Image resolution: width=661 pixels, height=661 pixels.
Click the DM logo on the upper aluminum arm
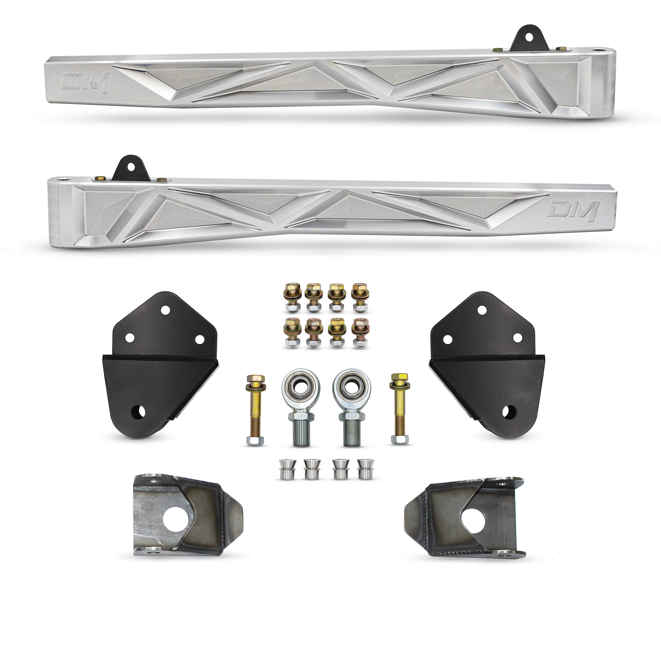click(86, 82)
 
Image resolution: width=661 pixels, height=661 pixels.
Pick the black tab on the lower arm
click(131, 169)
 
